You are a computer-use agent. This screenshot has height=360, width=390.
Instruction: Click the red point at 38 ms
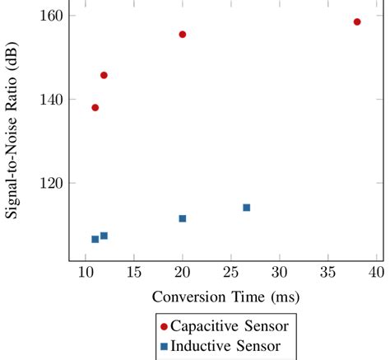[x=357, y=22]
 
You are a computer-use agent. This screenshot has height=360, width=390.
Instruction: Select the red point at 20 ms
[x=183, y=35]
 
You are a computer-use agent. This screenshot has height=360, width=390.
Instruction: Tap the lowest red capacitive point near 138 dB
[x=95, y=108]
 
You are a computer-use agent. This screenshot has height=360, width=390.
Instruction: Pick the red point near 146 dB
[x=104, y=76]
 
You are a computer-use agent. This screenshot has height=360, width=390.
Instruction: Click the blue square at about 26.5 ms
[x=246, y=208]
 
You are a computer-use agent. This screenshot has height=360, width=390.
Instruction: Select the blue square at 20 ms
[x=183, y=218]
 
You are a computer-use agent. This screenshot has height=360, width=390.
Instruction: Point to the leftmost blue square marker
[x=95, y=239]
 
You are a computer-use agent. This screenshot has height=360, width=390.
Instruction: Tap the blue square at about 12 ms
[x=104, y=236]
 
